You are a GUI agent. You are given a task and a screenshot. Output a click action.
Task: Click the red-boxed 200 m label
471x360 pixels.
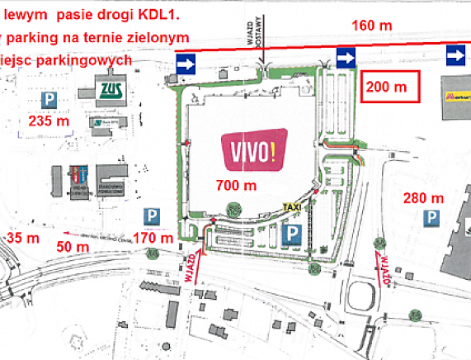coord(388,87)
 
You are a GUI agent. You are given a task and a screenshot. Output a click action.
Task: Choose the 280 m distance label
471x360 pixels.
coord(424,198)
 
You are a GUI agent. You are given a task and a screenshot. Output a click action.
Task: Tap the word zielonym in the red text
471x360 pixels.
coord(157,37)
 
